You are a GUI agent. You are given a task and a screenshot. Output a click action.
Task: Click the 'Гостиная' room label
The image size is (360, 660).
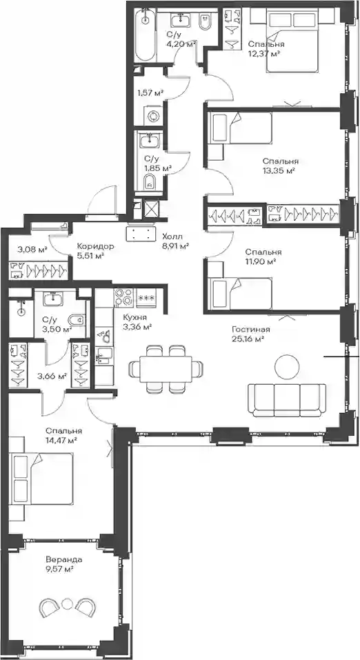point(251,330)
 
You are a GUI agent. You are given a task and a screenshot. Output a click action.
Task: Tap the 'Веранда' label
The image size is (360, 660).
point(64,560)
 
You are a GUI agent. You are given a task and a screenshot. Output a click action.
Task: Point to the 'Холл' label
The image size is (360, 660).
point(172,237)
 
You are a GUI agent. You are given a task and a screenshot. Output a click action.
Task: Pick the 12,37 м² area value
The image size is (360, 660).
point(264,53)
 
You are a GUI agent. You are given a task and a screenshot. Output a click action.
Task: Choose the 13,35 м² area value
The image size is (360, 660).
point(278,170)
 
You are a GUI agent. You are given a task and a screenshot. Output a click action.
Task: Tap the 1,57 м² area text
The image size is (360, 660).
point(151,93)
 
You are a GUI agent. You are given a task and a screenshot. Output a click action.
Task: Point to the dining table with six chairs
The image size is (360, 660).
point(166,369)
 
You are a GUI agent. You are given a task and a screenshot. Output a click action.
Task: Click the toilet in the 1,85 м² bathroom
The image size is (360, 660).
point(150,182)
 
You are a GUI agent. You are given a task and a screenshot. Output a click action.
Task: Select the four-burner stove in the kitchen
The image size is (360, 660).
point(123,297)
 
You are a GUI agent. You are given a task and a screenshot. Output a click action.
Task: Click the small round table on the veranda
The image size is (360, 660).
point(66,603)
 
